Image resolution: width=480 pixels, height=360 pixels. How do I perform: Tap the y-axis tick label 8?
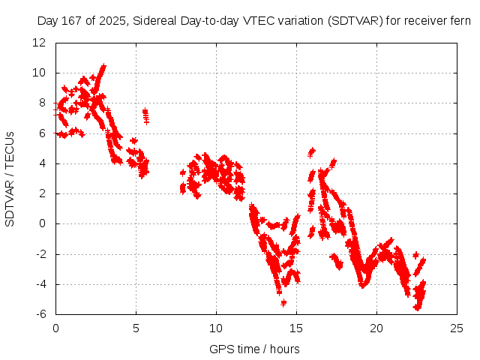[43, 103]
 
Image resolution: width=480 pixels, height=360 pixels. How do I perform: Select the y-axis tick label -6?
[41, 314]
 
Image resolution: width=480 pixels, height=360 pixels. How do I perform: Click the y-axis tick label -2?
[41, 254]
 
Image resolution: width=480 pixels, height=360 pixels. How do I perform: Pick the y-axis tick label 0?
[43, 223]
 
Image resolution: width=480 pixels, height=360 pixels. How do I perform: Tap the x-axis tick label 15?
[296, 328]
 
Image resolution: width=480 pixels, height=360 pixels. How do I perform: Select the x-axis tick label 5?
[136, 328]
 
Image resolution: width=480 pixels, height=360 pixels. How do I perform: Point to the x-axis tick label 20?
[376, 328]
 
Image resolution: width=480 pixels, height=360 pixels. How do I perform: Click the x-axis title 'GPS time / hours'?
[254, 349]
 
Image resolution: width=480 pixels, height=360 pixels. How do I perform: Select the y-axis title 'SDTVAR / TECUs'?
[10, 178]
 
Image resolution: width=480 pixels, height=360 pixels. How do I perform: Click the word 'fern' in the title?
[460, 21]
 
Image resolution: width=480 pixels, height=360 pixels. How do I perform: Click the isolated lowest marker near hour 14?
[283, 302]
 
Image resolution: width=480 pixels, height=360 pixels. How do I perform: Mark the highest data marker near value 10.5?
[103, 66]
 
